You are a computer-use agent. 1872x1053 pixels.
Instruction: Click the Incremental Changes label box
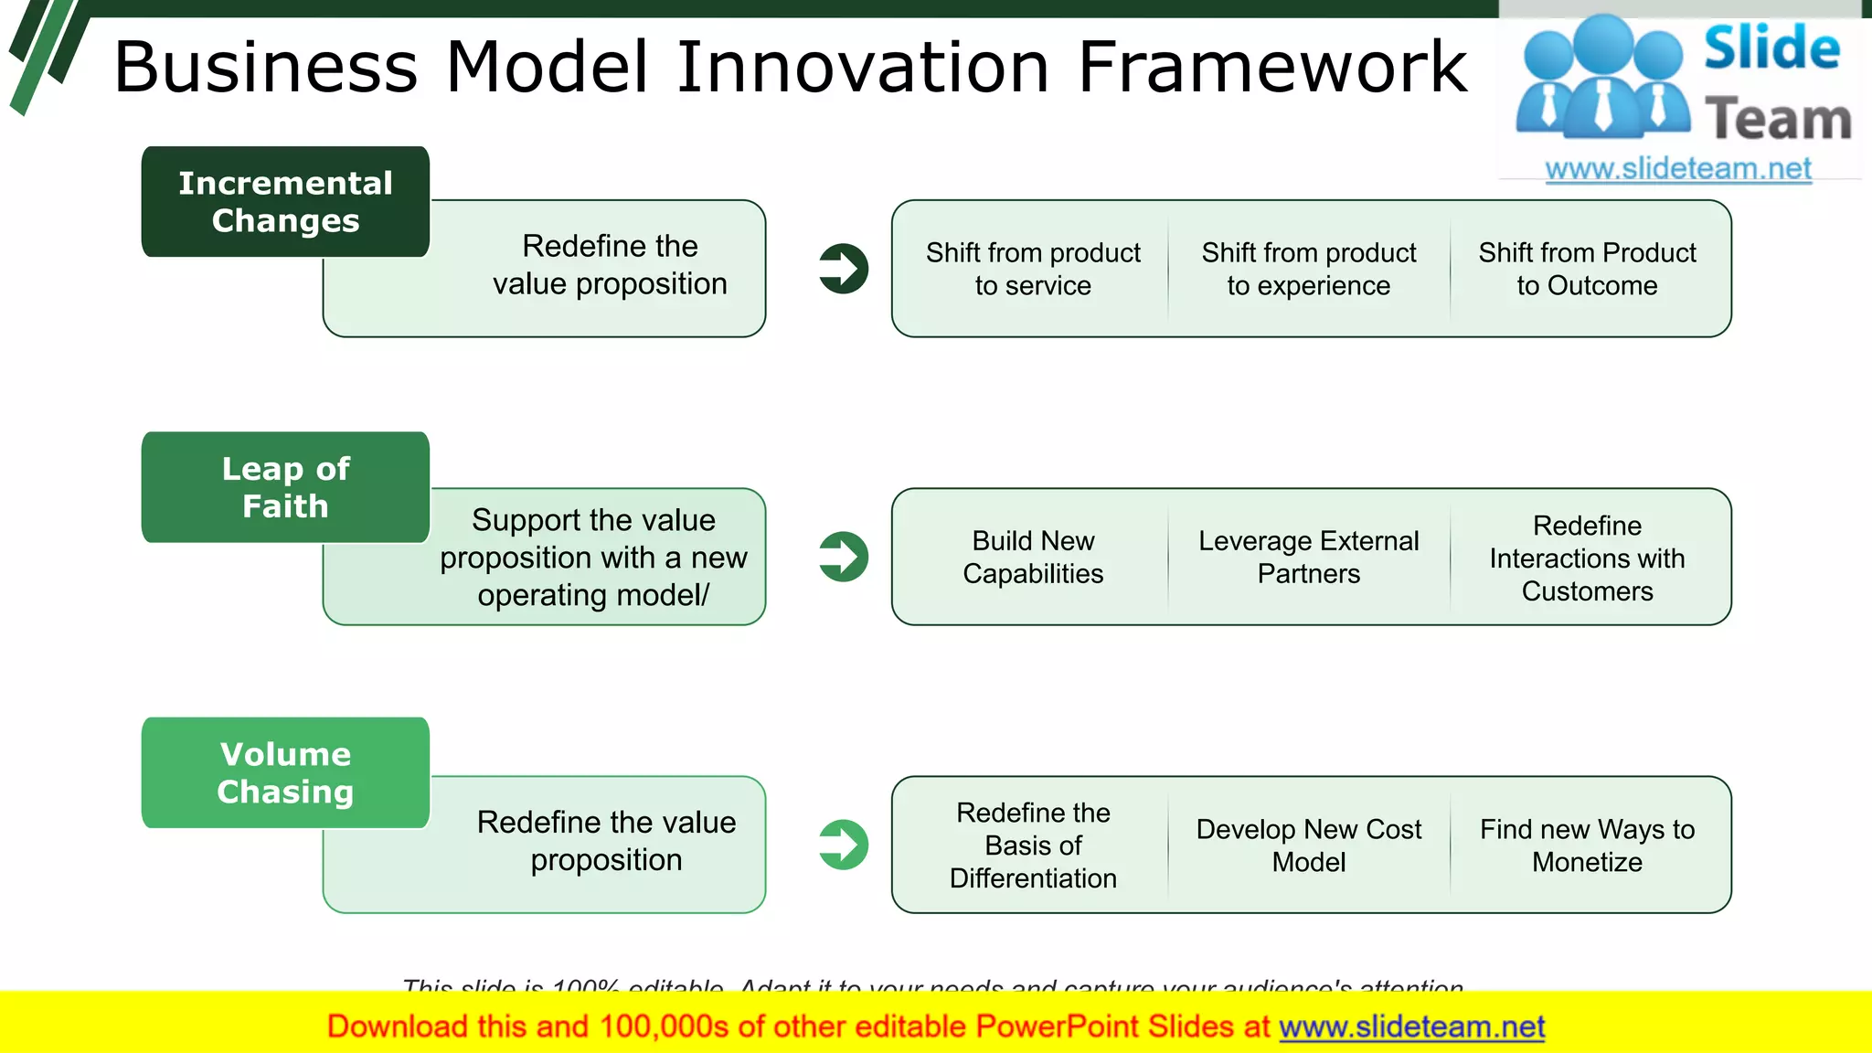(285, 202)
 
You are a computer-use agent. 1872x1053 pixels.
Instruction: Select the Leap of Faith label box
(285, 487)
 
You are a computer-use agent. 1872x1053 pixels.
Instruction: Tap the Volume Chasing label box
(285, 773)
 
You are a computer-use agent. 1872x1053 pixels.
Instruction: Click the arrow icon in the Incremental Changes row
(843, 269)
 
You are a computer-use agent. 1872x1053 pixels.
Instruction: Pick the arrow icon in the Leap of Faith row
(843, 557)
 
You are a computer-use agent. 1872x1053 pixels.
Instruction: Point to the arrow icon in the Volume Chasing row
(843, 845)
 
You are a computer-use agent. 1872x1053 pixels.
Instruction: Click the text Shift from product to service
(1033, 269)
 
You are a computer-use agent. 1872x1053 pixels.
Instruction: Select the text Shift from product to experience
(1308, 269)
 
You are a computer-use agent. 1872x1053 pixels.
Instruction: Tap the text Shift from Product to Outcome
(1587, 269)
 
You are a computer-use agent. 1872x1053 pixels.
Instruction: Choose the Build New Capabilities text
(1033, 557)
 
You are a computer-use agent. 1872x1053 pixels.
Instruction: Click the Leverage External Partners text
(1308, 557)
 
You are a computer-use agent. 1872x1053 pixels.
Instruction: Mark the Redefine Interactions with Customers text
(1587, 558)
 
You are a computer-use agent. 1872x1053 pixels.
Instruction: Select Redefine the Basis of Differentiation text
(1033, 845)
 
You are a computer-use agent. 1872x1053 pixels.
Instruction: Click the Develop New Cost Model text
(1308, 845)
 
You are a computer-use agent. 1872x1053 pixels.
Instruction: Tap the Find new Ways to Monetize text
(1587, 845)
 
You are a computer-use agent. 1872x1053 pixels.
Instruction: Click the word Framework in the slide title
(1271, 68)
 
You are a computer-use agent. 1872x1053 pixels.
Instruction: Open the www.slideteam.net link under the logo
(1678, 169)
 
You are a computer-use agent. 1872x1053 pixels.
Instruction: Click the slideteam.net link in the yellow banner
(1411, 1026)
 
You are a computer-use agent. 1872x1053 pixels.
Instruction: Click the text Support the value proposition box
(593, 558)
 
